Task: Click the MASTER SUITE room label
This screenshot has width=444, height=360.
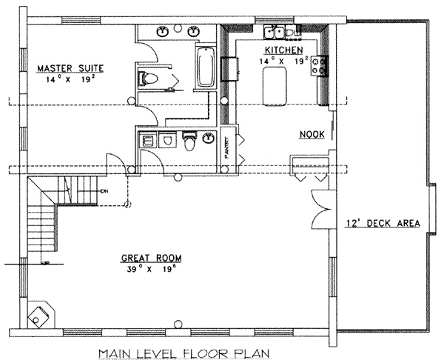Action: [x=70, y=69]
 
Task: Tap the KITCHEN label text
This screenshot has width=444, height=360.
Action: [x=282, y=50]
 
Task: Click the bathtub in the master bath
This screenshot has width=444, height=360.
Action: [x=204, y=67]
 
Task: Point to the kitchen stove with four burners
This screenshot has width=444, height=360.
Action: [x=320, y=65]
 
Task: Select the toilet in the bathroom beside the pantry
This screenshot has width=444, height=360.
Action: [x=190, y=141]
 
